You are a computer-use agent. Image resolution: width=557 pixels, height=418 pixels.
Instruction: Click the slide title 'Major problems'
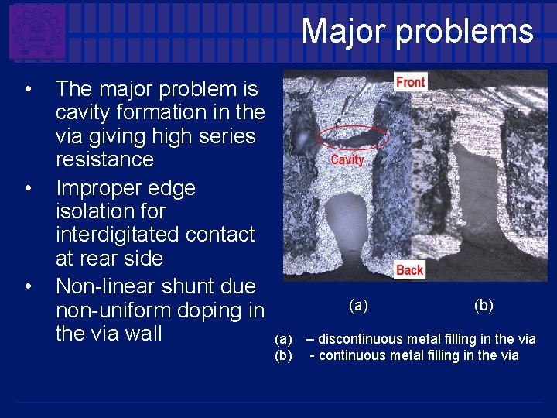417,32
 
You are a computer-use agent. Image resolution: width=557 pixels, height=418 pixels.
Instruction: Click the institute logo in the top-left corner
36,32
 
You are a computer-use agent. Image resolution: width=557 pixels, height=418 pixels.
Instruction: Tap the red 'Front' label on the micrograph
410,82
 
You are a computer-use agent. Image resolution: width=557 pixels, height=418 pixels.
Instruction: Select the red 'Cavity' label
347,159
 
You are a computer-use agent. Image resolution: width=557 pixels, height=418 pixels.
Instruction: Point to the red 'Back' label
409,269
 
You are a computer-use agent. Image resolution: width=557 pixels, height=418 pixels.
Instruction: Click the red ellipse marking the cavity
354,138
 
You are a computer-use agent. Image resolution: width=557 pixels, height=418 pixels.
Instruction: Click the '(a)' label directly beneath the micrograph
358,306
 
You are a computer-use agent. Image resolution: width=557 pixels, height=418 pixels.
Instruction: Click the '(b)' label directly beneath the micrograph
484,306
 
